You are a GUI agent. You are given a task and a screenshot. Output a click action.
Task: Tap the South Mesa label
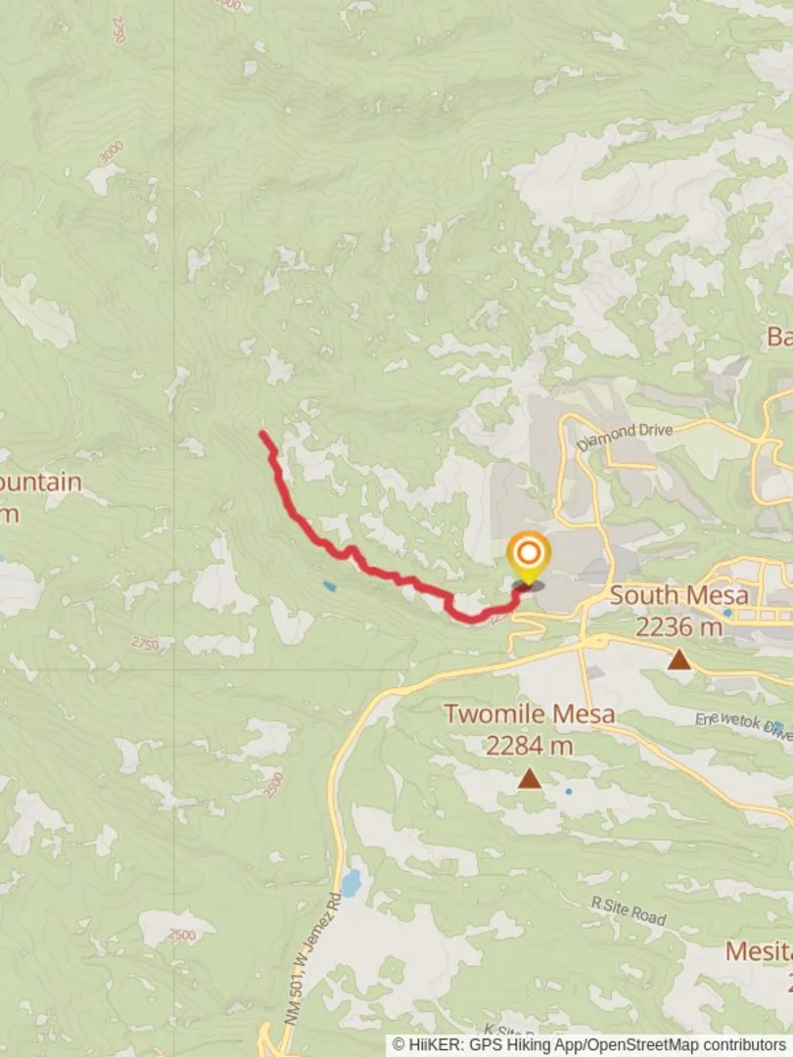coord(678,595)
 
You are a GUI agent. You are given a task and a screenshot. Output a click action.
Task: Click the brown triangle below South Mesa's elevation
coord(679,661)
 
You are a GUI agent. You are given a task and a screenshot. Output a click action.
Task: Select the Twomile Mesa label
coord(530,713)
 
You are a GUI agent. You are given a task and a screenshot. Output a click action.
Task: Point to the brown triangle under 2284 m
coord(530,779)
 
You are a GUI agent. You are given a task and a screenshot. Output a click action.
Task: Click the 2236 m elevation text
coord(678,626)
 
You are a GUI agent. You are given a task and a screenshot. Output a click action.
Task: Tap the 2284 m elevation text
coord(530,746)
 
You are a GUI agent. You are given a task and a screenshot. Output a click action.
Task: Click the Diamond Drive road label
coord(625,437)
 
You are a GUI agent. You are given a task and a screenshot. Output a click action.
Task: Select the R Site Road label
coord(629,910)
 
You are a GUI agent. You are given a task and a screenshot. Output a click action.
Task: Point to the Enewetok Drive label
coord(741,725)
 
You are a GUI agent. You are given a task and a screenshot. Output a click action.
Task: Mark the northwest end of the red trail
coord(262,434)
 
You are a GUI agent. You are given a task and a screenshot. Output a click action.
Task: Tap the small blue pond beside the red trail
coord(328,586)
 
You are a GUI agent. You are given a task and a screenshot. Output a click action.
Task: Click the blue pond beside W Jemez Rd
coord(350,883)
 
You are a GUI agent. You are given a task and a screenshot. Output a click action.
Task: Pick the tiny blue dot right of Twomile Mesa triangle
coord(569,791)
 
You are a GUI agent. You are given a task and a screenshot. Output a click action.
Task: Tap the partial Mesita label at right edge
coord(758,950)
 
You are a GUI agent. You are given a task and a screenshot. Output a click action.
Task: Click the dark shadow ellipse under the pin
coord(528,586)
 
